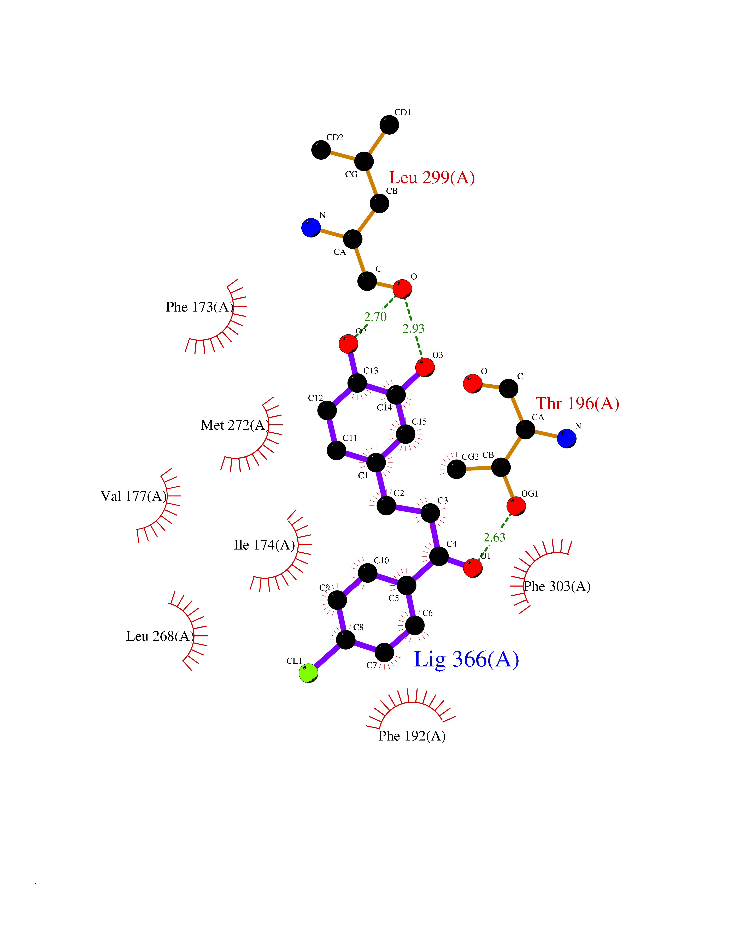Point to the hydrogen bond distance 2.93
[413, 329]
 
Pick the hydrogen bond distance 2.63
[494, 537]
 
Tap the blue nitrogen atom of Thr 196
[566, 438]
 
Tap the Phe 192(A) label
[412, 736]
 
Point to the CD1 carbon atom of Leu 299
[389, 125]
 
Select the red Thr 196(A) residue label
[577, 403]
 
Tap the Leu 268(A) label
[160, 636]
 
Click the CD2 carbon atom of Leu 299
[321, 150]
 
